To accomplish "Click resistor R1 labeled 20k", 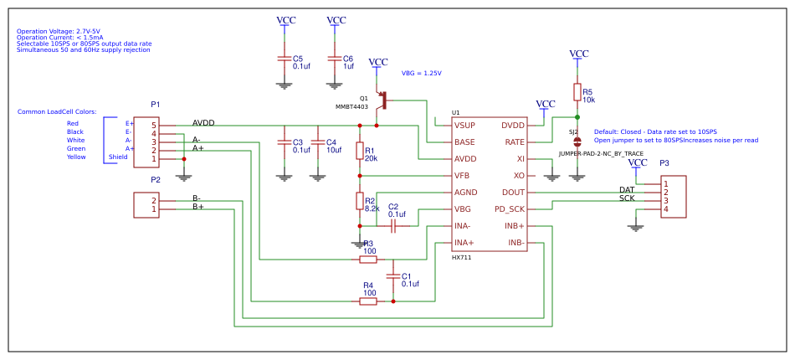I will point(360,151).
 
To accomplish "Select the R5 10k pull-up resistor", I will point(577,92).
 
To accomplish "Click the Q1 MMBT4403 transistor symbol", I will point(383,100).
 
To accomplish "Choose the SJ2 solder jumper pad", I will point(577,142).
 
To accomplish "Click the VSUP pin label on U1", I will point(464,126).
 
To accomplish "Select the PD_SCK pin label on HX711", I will point(510,209).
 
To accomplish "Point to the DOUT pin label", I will point(513,193).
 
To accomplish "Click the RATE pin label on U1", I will point(514,142).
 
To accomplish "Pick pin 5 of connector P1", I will point(154,126).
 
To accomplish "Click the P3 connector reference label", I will point(664,163).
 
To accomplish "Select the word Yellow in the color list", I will point(76,157).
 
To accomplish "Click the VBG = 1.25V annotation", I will point(421,73).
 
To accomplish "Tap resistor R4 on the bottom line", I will point(368,301).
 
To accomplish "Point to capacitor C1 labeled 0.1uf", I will point(393,275).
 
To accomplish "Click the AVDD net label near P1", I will point(203,123).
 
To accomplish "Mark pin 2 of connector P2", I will point(154,201).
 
